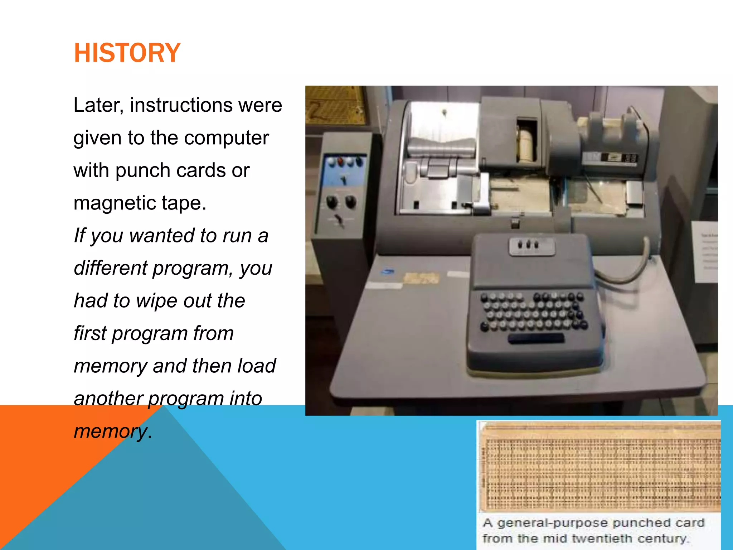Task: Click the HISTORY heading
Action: pyautogui.click(x=127, y=53)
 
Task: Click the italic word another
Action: pyautogui.click(x=108, y=399)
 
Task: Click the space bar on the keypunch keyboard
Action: pyautogui.click(x=536, y=338)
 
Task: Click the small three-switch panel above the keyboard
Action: pyautogui.click(x=532, y=246)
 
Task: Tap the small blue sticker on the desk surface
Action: pyautogui.click(x=388, y=272)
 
